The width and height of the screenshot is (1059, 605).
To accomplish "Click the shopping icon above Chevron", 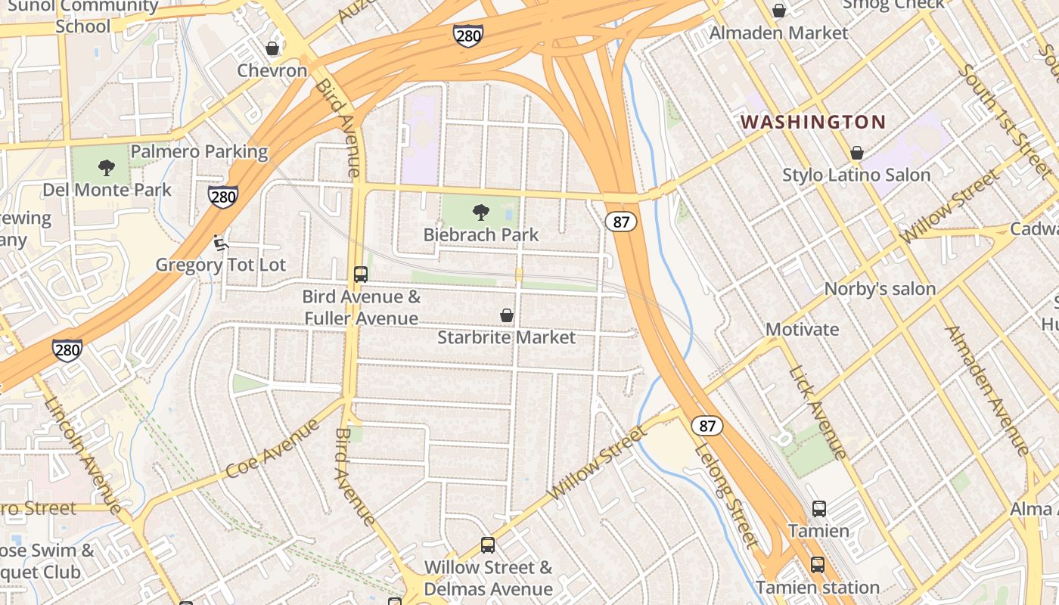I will click(x=272, y=48).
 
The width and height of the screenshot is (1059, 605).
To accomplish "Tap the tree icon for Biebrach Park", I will click(x=480, y=213).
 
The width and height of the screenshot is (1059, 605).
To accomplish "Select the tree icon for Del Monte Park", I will click(x=107, y=168).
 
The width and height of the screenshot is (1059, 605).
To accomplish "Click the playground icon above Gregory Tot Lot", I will click(x=220, y=243).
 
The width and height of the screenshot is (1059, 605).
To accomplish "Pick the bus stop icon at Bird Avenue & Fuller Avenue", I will click(x=361, y=275).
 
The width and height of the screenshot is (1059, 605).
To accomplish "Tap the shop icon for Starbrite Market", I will click(x=507, y=315).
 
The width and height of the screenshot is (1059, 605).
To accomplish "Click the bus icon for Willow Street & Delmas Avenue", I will click(x=488, y=545).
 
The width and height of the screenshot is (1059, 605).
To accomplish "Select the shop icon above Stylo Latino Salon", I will click(x=856, y=154).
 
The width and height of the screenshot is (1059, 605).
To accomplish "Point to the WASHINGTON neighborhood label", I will click(x=812, y=122).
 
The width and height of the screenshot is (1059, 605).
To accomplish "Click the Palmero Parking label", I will click(x=199, y=151).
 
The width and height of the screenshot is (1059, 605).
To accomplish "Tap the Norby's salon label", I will click(x=880, y=288).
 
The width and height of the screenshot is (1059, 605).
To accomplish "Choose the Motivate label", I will click(x=802, y=329).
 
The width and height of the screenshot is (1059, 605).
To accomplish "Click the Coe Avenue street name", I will click(x=273, y=448).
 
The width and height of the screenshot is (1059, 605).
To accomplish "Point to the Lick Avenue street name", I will click(x=818, y=413).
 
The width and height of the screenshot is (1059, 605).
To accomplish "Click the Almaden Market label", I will click(x=778, y=33).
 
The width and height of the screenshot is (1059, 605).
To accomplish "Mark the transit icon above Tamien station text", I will click(x=817, y=565).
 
